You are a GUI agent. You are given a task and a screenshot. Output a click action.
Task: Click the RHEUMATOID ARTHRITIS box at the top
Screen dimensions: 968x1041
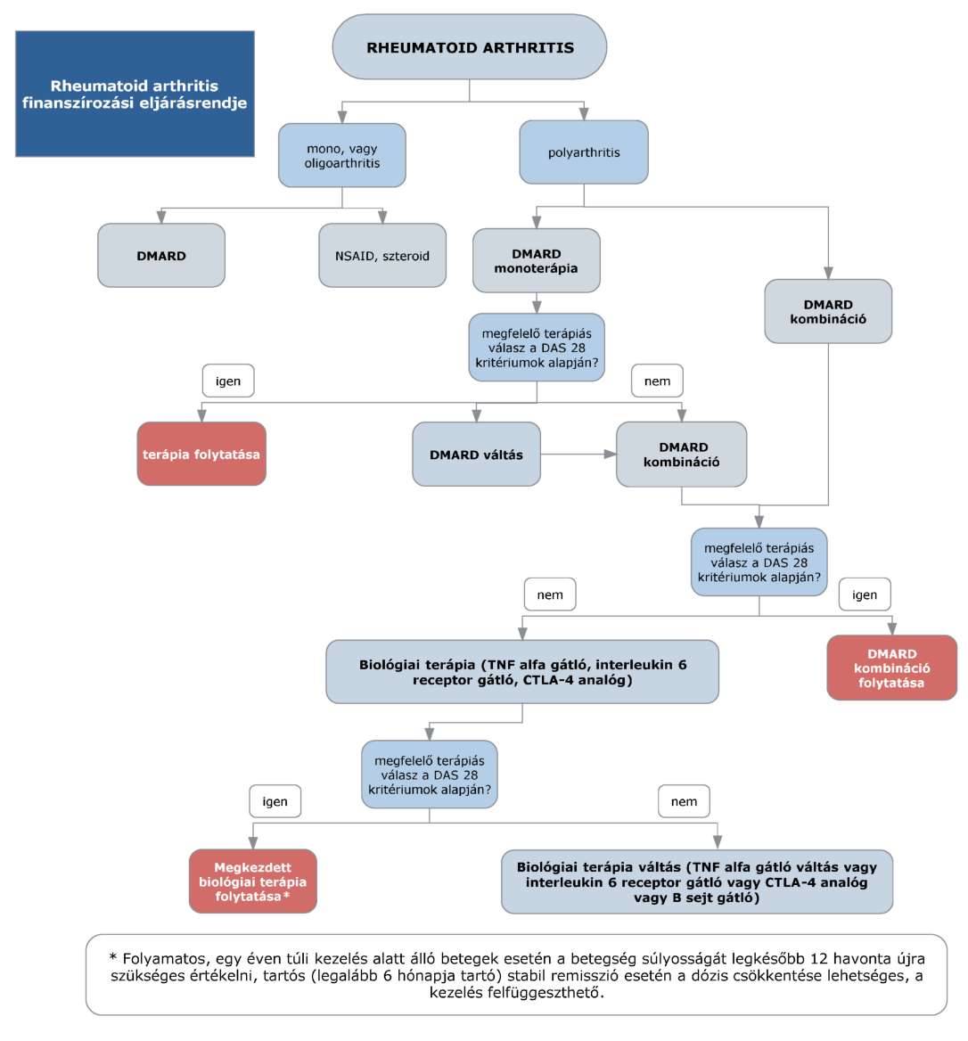(x=470, y=47)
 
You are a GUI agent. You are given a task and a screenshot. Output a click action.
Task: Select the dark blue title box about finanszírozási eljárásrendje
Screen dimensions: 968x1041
(x=135, y=94)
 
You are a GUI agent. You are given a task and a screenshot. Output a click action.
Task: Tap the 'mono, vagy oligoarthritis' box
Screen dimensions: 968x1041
(x=342, y=155)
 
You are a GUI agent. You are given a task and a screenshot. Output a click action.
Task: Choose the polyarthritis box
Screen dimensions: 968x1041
(x=584, y=152)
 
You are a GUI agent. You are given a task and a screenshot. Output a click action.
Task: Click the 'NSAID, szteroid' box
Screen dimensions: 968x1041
(x=382, y=256)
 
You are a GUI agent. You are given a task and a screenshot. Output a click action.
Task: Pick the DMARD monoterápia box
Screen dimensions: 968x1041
(x=537, y=261)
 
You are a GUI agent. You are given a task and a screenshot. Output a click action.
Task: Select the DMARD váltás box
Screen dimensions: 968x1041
(x=476, y=455)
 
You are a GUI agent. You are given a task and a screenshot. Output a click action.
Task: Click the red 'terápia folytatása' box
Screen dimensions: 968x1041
(x=201, y=455)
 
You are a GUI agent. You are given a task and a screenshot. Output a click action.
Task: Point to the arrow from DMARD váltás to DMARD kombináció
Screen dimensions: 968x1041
(x=578, y=455)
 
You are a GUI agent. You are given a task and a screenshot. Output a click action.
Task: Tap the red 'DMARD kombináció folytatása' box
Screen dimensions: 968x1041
(x=891, y=668)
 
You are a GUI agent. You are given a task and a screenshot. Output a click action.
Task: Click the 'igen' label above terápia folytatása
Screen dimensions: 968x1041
(x=227, y=381)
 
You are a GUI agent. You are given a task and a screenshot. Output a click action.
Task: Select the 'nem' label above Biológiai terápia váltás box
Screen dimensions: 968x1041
(x=684, y=801)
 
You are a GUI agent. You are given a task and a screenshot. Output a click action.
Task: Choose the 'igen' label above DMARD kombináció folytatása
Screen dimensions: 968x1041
(x=865, y=594)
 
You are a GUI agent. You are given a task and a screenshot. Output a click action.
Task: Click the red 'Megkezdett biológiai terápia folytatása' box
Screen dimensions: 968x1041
(x=253, y=881)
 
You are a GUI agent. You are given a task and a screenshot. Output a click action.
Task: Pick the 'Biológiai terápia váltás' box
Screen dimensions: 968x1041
(x=697, y=882)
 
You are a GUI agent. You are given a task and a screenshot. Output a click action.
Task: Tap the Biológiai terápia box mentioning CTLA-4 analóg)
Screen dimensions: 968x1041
(x=522, y=672)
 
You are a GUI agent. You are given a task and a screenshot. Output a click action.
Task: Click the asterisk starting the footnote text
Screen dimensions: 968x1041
(x=113, y=956)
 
